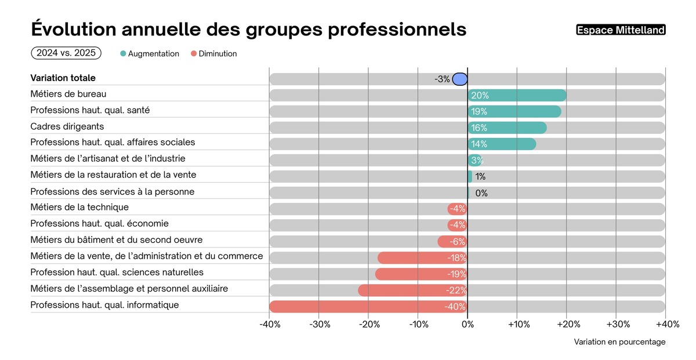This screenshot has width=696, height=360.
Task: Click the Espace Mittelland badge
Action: (621, 30)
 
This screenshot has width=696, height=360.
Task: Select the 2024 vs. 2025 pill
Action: (66, 53)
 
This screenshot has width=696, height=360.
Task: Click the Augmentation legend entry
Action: (150, 54)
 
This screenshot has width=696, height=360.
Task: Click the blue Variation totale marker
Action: (460, 79)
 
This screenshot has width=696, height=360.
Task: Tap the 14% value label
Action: (479, 144)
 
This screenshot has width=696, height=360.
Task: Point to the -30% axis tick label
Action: (319, 325)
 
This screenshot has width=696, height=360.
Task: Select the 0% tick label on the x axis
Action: (467, 325)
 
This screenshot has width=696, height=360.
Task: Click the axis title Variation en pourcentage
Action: (619, 342)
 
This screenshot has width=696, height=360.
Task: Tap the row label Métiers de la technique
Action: (79, 208)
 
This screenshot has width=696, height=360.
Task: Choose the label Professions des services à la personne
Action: (112, 191)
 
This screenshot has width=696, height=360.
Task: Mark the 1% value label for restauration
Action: (480, 177)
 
